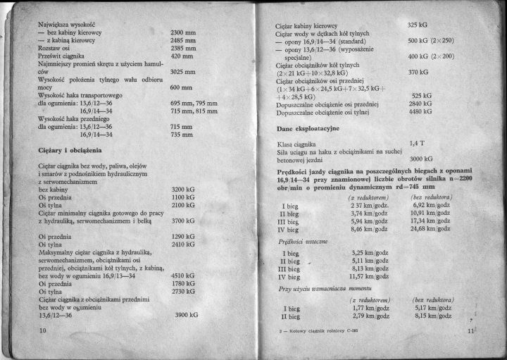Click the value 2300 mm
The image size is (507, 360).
(x=183, y=32)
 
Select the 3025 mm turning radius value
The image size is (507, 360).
(x=183, y=71)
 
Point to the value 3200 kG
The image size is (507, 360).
(x=182, y=190)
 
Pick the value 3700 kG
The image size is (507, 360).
(x=182, y=221)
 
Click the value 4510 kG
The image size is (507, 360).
(x=182, y=276)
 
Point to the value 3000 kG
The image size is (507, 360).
(x=420, y=159)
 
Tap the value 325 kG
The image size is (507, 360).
(x=418, y=25)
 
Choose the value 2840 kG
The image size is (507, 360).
(x=420, y=103)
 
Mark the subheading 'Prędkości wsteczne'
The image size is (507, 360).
(x=299, y=241)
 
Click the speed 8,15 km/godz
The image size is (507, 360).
(x=432, y=316)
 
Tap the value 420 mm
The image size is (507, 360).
(x=182, y=56)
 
